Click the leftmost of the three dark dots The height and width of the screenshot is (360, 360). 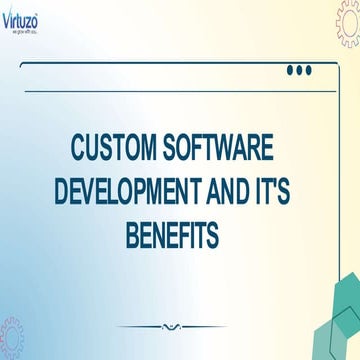tap(290, 70)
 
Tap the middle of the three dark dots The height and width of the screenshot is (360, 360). tap(299, 70)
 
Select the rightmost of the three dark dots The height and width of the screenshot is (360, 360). tap(308, 70)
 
